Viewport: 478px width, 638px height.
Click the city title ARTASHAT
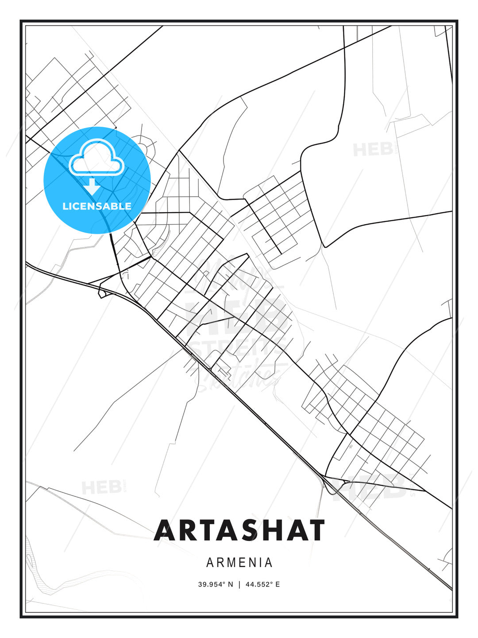[239, 530]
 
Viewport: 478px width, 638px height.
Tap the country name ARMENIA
[239, 563]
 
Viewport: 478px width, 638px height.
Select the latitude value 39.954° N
[216, 584]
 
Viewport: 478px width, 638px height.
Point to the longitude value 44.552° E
[263, 584]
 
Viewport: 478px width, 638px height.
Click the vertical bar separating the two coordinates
[239, 584]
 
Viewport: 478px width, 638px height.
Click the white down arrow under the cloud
[93, 186]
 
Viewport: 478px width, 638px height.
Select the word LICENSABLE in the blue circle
[97, 206]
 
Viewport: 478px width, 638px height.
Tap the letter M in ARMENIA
[232, 563]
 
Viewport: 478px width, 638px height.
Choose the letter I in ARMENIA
[258, 563]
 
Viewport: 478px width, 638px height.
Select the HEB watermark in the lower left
[101, 487]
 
